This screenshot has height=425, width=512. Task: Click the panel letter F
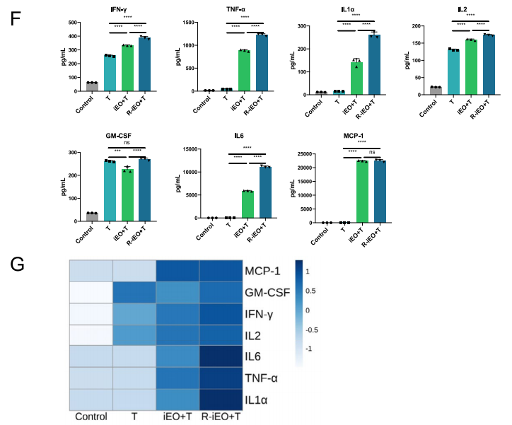pyautogui.click(x=17, y=18)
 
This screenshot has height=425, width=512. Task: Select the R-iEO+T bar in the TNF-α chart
pyautogui.click(x=262, y=62)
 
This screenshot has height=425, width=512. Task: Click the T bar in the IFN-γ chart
pyautogui.click(x=110, y=74)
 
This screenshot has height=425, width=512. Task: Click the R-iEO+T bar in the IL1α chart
pyautogui.click(x=374, y=64)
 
